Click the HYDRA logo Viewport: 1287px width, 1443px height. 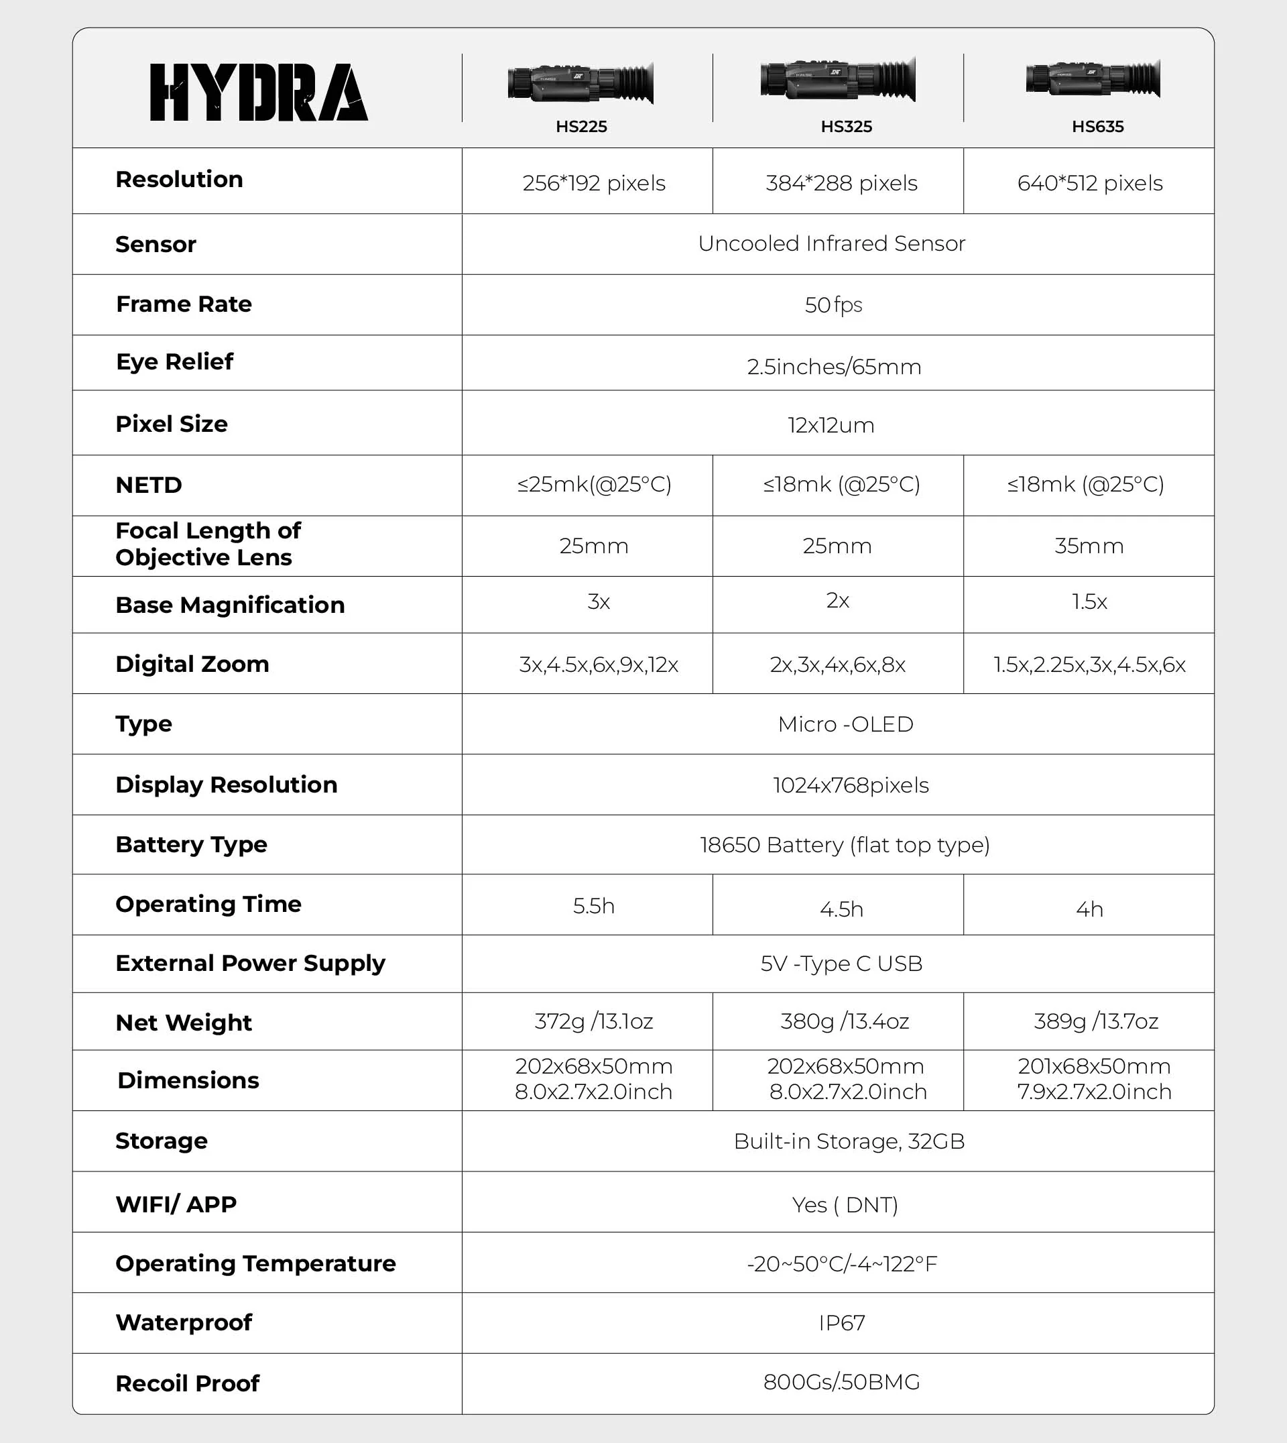click(259, 92)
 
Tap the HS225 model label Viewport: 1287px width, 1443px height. click(581, 127)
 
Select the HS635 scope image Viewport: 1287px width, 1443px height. click(1093, 79)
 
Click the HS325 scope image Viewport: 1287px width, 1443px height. click(838, 79)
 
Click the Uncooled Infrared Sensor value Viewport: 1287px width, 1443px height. click(831, 243)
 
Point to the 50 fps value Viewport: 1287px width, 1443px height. click(833, 305)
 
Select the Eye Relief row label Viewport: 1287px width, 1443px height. click(175, 361)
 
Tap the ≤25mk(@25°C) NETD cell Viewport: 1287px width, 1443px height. click(594, 485)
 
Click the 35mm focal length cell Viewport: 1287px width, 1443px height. click(1089, 546)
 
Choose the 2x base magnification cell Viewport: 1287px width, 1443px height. click(837, 601)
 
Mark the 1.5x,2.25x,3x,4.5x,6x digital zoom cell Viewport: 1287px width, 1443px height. click(1089, 665)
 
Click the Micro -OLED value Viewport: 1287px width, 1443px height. click(845, 724)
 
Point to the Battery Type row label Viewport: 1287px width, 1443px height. click(192, 845)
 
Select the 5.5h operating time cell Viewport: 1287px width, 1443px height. click(593, 906)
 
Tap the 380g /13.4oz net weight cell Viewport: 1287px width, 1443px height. click(845, 1021)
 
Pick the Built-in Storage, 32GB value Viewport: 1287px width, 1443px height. click(849, 1141)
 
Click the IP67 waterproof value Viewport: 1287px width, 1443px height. click(841, 1323)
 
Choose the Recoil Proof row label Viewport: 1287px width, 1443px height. click(188, 1383)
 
